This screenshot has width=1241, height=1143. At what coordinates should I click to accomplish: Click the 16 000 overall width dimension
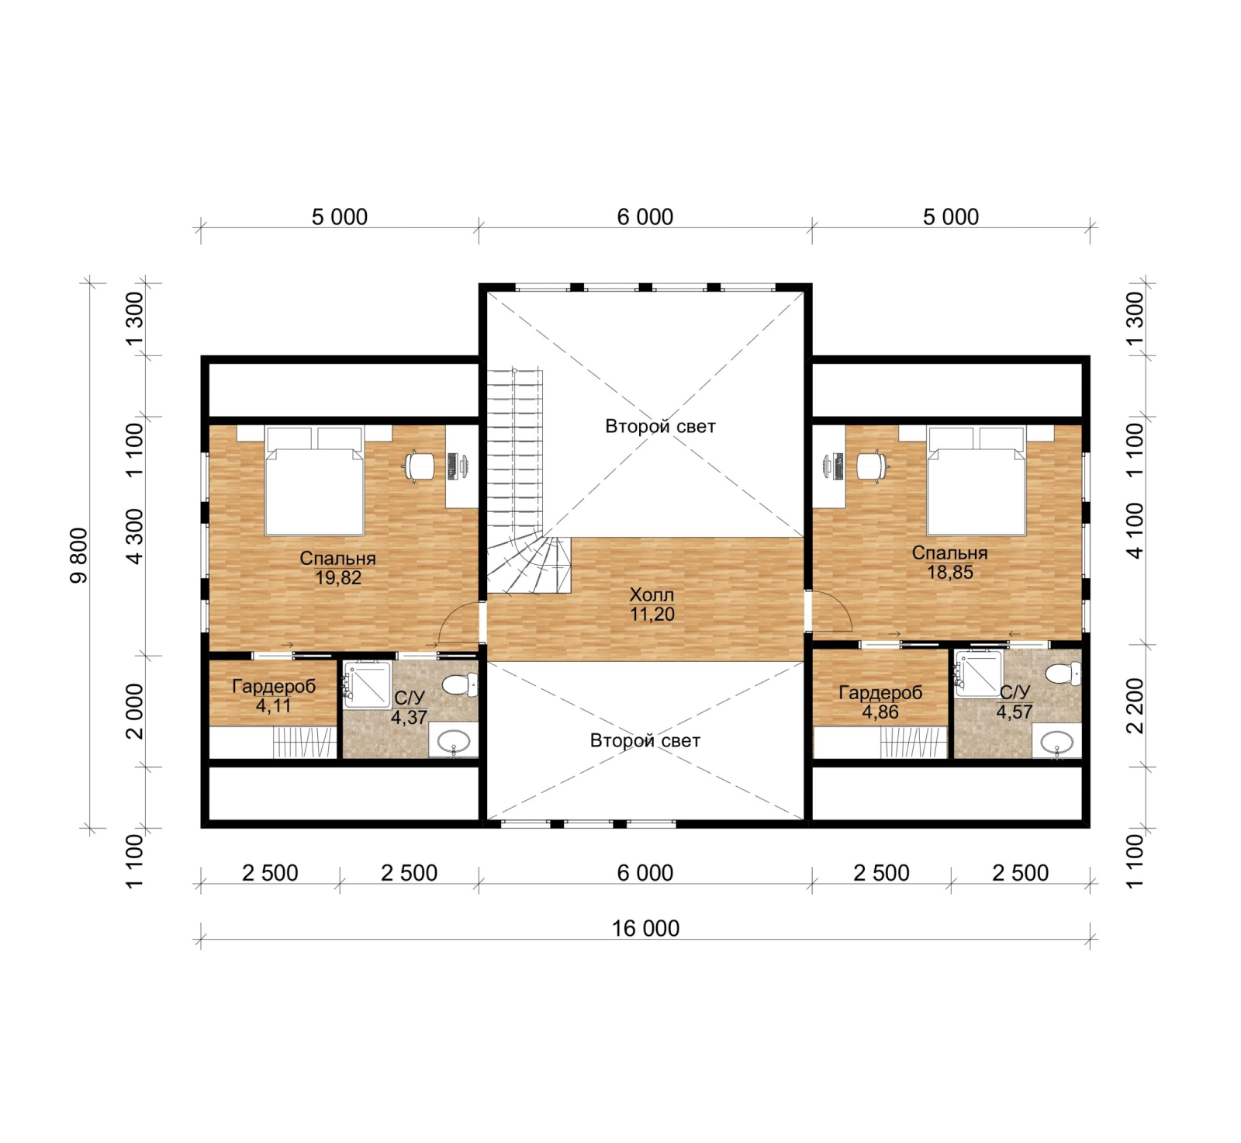645,928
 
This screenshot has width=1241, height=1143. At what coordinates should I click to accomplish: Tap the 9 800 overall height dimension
80,555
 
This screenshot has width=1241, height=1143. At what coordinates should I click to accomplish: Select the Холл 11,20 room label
652,604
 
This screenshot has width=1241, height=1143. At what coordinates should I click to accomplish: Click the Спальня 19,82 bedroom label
338,568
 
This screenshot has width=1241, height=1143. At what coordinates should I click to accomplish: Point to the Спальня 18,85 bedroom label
949,563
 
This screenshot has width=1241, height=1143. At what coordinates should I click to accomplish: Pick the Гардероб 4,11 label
274,696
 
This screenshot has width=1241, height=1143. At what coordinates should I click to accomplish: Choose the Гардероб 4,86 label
880,702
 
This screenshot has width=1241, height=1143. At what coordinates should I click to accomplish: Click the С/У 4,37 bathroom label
409,708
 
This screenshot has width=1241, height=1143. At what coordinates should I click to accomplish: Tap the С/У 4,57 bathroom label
1015,702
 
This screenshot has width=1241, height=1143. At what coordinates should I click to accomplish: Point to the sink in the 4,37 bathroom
454,743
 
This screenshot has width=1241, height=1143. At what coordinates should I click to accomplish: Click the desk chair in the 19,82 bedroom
419,466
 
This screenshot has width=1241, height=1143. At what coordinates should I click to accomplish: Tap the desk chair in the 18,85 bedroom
871,466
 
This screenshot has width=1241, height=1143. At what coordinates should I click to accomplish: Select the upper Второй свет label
660,426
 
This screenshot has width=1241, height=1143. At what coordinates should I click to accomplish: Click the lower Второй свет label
645,740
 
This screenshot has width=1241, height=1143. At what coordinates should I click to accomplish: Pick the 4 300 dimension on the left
134,536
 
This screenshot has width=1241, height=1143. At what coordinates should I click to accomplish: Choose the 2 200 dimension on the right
1134,705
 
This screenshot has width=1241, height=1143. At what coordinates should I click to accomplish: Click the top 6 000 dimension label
645,217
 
